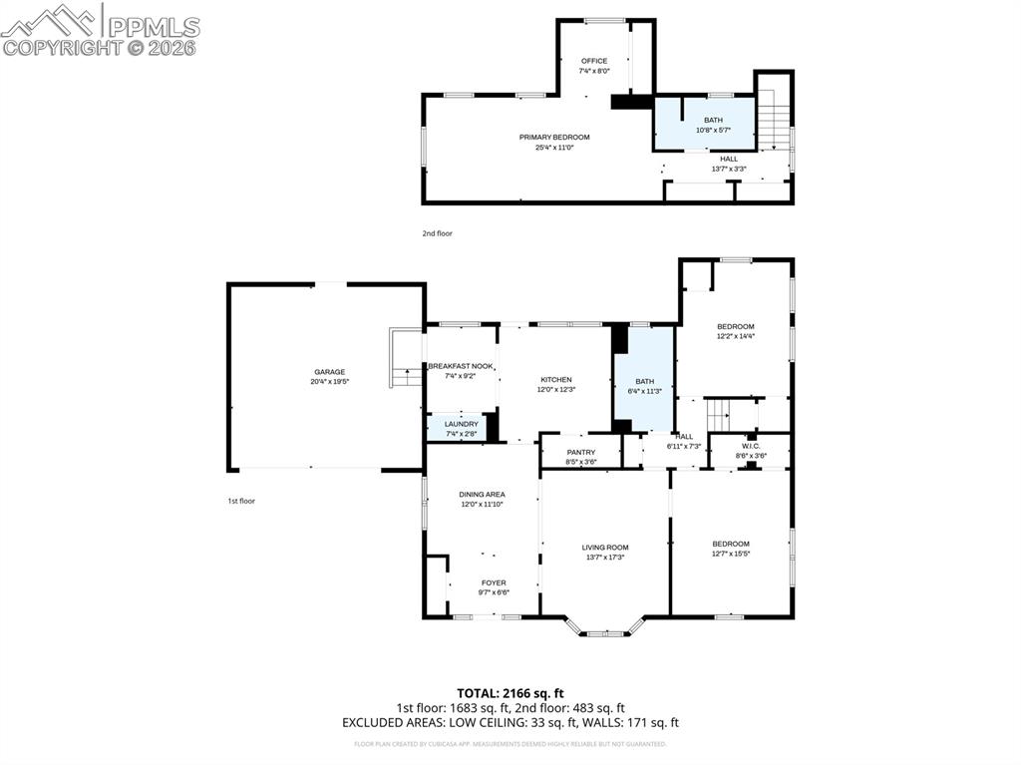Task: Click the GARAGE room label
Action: tap(329, 372)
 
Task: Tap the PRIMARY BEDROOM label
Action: tap(554, 137)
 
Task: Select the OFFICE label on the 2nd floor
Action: tap(594, 61)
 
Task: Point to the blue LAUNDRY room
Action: tap(461, 428)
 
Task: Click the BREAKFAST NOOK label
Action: tap(461, 367)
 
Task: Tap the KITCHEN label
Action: tap(556, 380)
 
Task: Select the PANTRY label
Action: tap(580, 452)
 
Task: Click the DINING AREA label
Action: tap(482, 495)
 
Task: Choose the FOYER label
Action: tap(494, 582)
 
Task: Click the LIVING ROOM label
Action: tap(605, 547)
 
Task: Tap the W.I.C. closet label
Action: tap(751, 446)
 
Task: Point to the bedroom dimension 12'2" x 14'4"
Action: tap(735, 336)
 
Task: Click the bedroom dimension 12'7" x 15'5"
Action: tap(730, 554)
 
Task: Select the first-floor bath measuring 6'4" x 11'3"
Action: tap(645, 385)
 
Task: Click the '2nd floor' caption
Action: tap(437, 233)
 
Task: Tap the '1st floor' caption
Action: tap(240, 501)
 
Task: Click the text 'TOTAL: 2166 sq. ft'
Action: tap(510, 692)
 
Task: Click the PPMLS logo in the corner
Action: tap(100, 28)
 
